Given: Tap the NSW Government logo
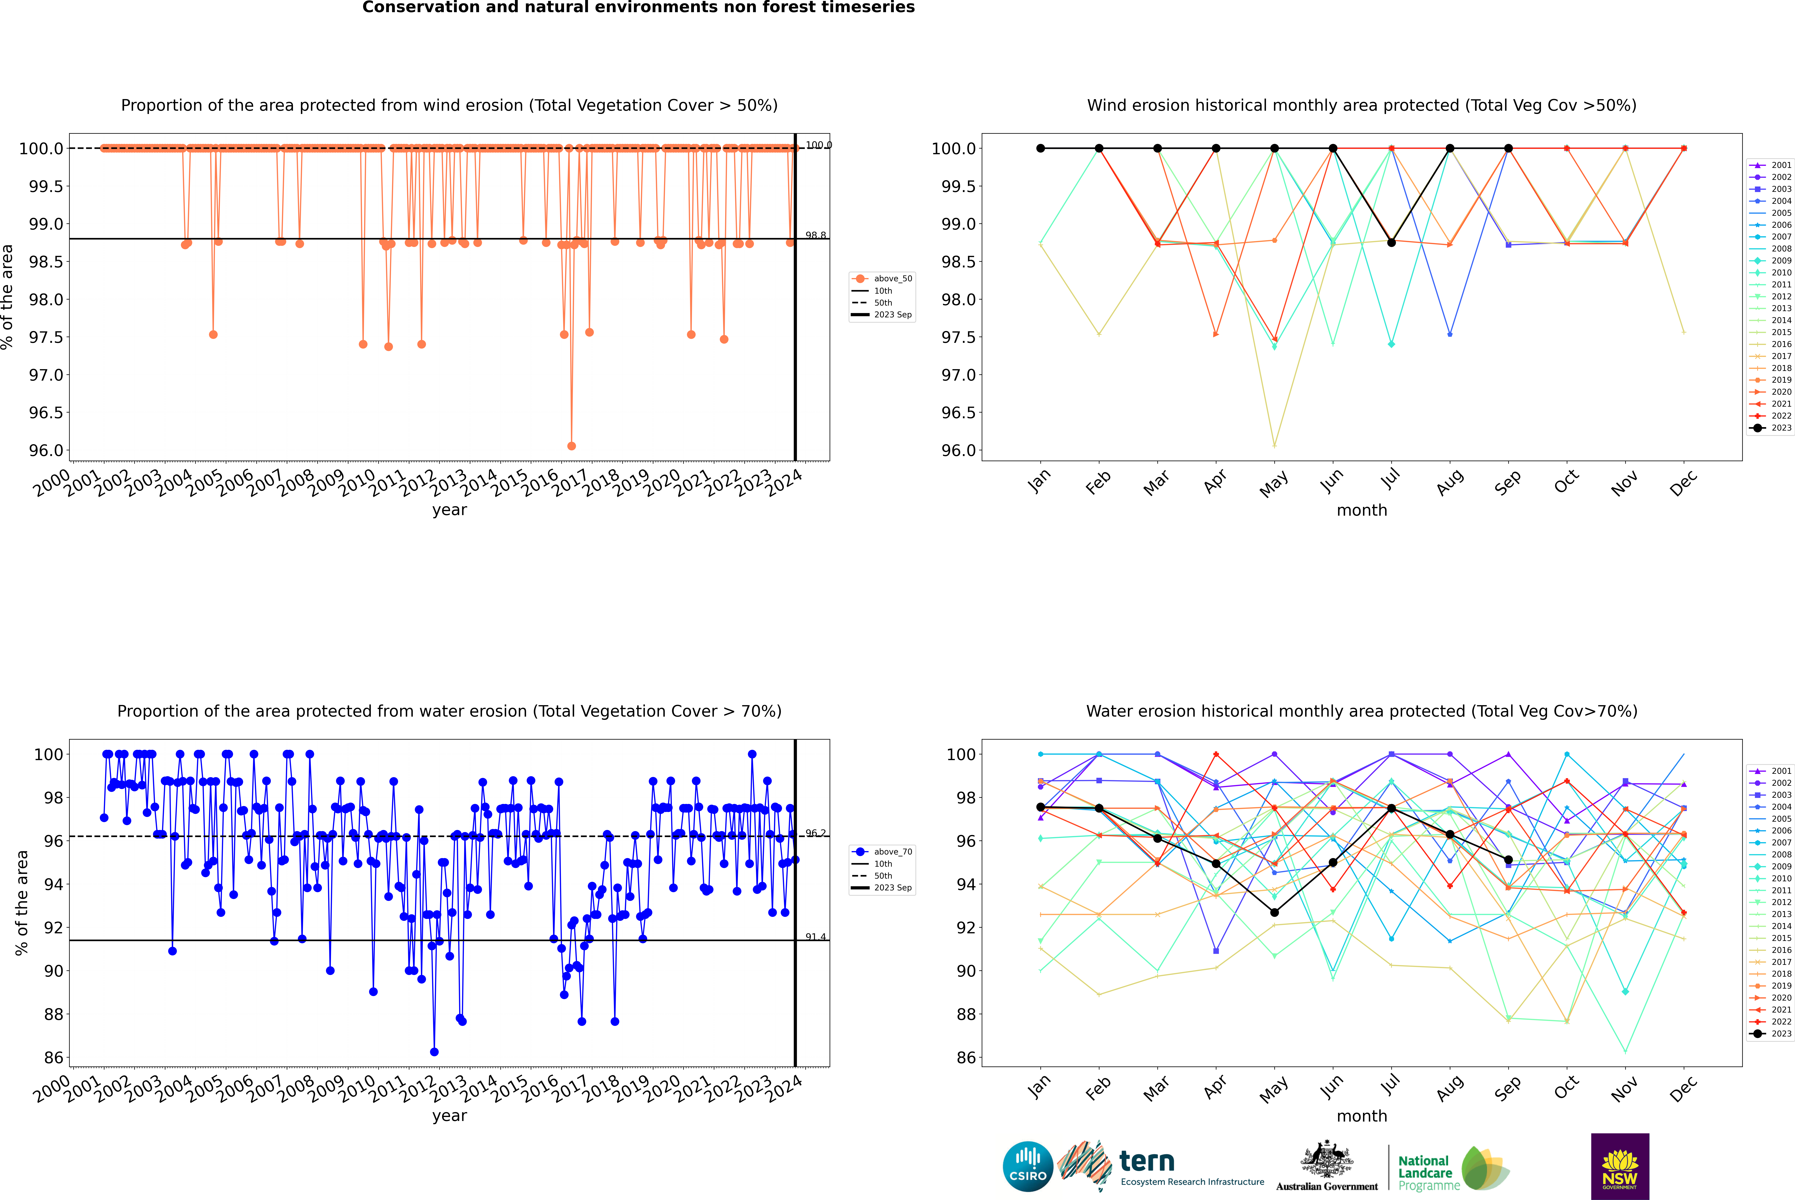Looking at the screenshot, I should [x=1620, y=1166].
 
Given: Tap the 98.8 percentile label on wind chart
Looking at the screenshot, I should [x=816, y=236].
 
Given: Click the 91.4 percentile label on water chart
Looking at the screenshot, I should [x=816, y=937].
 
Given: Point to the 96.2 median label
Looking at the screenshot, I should [x=816, y=833].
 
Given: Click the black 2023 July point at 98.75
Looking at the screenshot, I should [x=1391, y=243].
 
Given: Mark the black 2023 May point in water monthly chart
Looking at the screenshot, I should [x=1274, y=912].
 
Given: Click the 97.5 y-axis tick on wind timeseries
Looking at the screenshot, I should [x=46, y=338].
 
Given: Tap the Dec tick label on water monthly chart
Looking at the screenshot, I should [x=1683, y=1089].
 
